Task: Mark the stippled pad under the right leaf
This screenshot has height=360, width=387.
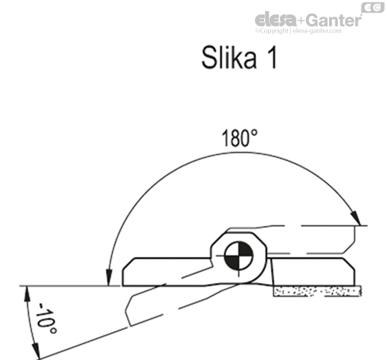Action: (x=316, y=292)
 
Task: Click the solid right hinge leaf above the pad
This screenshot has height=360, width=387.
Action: (x=313, y=270)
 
